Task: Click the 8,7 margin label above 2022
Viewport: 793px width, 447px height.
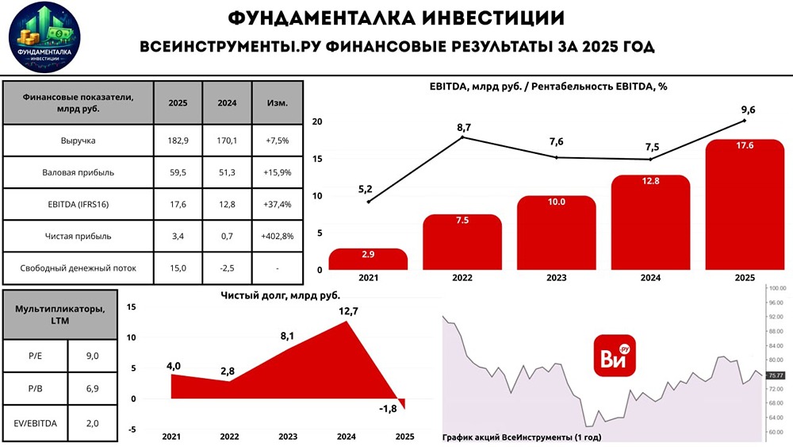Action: click(463, 127)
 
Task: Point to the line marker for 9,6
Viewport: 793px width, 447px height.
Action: click(744, 121)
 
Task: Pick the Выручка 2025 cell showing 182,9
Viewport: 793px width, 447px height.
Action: click(178, 141)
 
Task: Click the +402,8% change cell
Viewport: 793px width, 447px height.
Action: click(277, 236)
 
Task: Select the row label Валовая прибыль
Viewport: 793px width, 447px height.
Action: click(78, 172)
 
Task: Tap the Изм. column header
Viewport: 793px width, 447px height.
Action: click(277, 103)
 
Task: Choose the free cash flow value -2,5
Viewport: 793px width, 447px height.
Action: click(226, 268)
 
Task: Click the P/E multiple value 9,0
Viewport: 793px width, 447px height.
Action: click(92, 356)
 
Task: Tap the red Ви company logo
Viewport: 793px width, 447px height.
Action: click(615, 355)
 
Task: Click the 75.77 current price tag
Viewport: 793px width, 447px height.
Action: click(775, 375)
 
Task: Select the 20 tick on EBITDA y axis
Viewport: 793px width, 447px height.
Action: click(317, 121)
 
